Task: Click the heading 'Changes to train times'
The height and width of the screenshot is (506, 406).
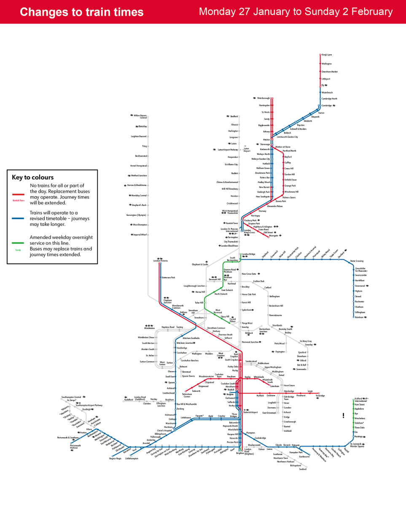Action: [81, 12]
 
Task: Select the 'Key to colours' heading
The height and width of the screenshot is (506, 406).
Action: [32, 177]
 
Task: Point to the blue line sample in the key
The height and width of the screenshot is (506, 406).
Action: [17, 218]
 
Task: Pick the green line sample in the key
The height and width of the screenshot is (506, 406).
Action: [17, 243]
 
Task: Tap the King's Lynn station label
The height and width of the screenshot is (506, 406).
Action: [327, 55]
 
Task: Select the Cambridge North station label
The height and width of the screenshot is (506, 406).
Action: [329, 99]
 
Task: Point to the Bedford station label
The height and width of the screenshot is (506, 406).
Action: [234, 116]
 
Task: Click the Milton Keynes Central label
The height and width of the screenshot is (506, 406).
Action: [140, 116]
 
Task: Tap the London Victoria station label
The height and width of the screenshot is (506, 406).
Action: [160, 261]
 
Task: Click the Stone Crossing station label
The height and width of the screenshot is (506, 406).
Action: [357, 261]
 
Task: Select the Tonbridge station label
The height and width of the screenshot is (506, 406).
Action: [321, 396]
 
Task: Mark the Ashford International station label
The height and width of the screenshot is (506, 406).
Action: [361, 399]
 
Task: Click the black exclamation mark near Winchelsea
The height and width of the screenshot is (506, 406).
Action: [344, 416]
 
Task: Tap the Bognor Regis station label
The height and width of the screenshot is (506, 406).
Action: [115, 458]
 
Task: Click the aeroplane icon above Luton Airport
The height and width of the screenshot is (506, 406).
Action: [245, 146]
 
